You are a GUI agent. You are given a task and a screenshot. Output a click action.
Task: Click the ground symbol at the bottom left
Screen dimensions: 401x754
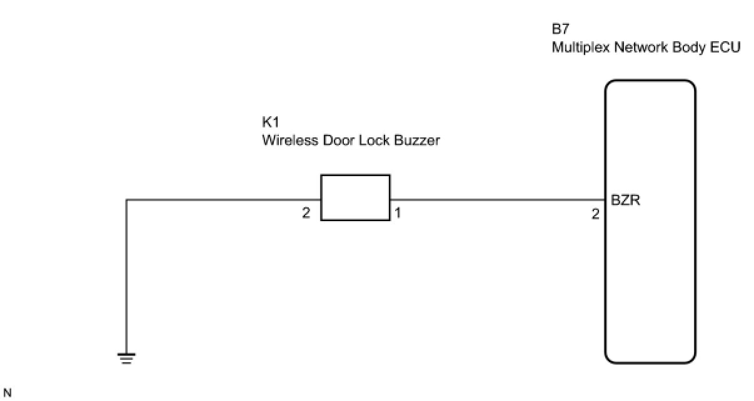point(126,358)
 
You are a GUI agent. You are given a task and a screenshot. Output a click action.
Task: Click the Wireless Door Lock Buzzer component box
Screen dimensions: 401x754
point(355,197)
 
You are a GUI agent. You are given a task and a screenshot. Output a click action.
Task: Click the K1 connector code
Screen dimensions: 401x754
point(269,122)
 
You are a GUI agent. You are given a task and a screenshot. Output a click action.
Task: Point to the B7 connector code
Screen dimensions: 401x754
point(560,29)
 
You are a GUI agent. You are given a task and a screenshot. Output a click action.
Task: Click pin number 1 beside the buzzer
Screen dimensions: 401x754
point(398,214)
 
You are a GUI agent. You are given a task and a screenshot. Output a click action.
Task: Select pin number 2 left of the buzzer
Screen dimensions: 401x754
point(306,214)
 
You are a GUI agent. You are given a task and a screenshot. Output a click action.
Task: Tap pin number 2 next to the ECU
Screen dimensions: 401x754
point(595,214)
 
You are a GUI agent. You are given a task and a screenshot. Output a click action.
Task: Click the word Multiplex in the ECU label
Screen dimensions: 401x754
point(578,47)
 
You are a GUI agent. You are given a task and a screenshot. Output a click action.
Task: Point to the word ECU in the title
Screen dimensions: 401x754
point(727,47)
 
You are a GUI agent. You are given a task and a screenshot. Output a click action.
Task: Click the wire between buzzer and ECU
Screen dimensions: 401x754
point(497,200)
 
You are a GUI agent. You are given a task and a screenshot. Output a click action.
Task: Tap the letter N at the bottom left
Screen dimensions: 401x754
point(7,393)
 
